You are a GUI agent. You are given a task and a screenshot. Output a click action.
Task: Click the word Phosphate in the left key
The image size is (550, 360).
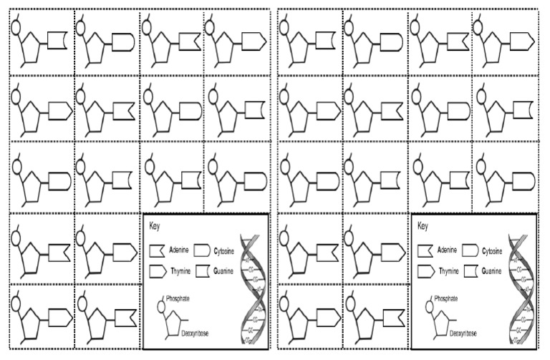pos(178,298)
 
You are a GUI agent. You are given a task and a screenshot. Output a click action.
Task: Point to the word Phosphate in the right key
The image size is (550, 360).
pos(447,298)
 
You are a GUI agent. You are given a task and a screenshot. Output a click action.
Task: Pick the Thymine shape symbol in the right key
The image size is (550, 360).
pos(426,272)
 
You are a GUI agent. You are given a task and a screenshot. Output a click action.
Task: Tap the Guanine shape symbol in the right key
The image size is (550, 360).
pos(470,272)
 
